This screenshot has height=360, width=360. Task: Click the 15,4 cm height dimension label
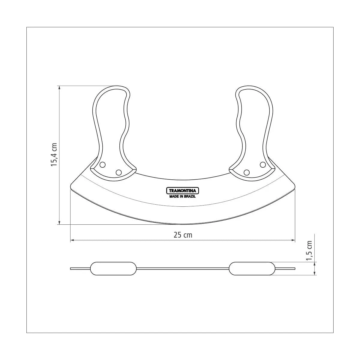54,154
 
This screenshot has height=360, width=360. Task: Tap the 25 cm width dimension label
183,235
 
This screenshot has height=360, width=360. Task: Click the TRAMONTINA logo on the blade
182,191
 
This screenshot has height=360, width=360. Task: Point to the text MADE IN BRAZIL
182,196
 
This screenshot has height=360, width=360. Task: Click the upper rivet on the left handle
102,165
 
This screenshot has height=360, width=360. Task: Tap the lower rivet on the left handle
118,172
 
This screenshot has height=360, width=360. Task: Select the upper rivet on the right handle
263,165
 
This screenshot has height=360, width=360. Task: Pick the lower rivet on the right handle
247,172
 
